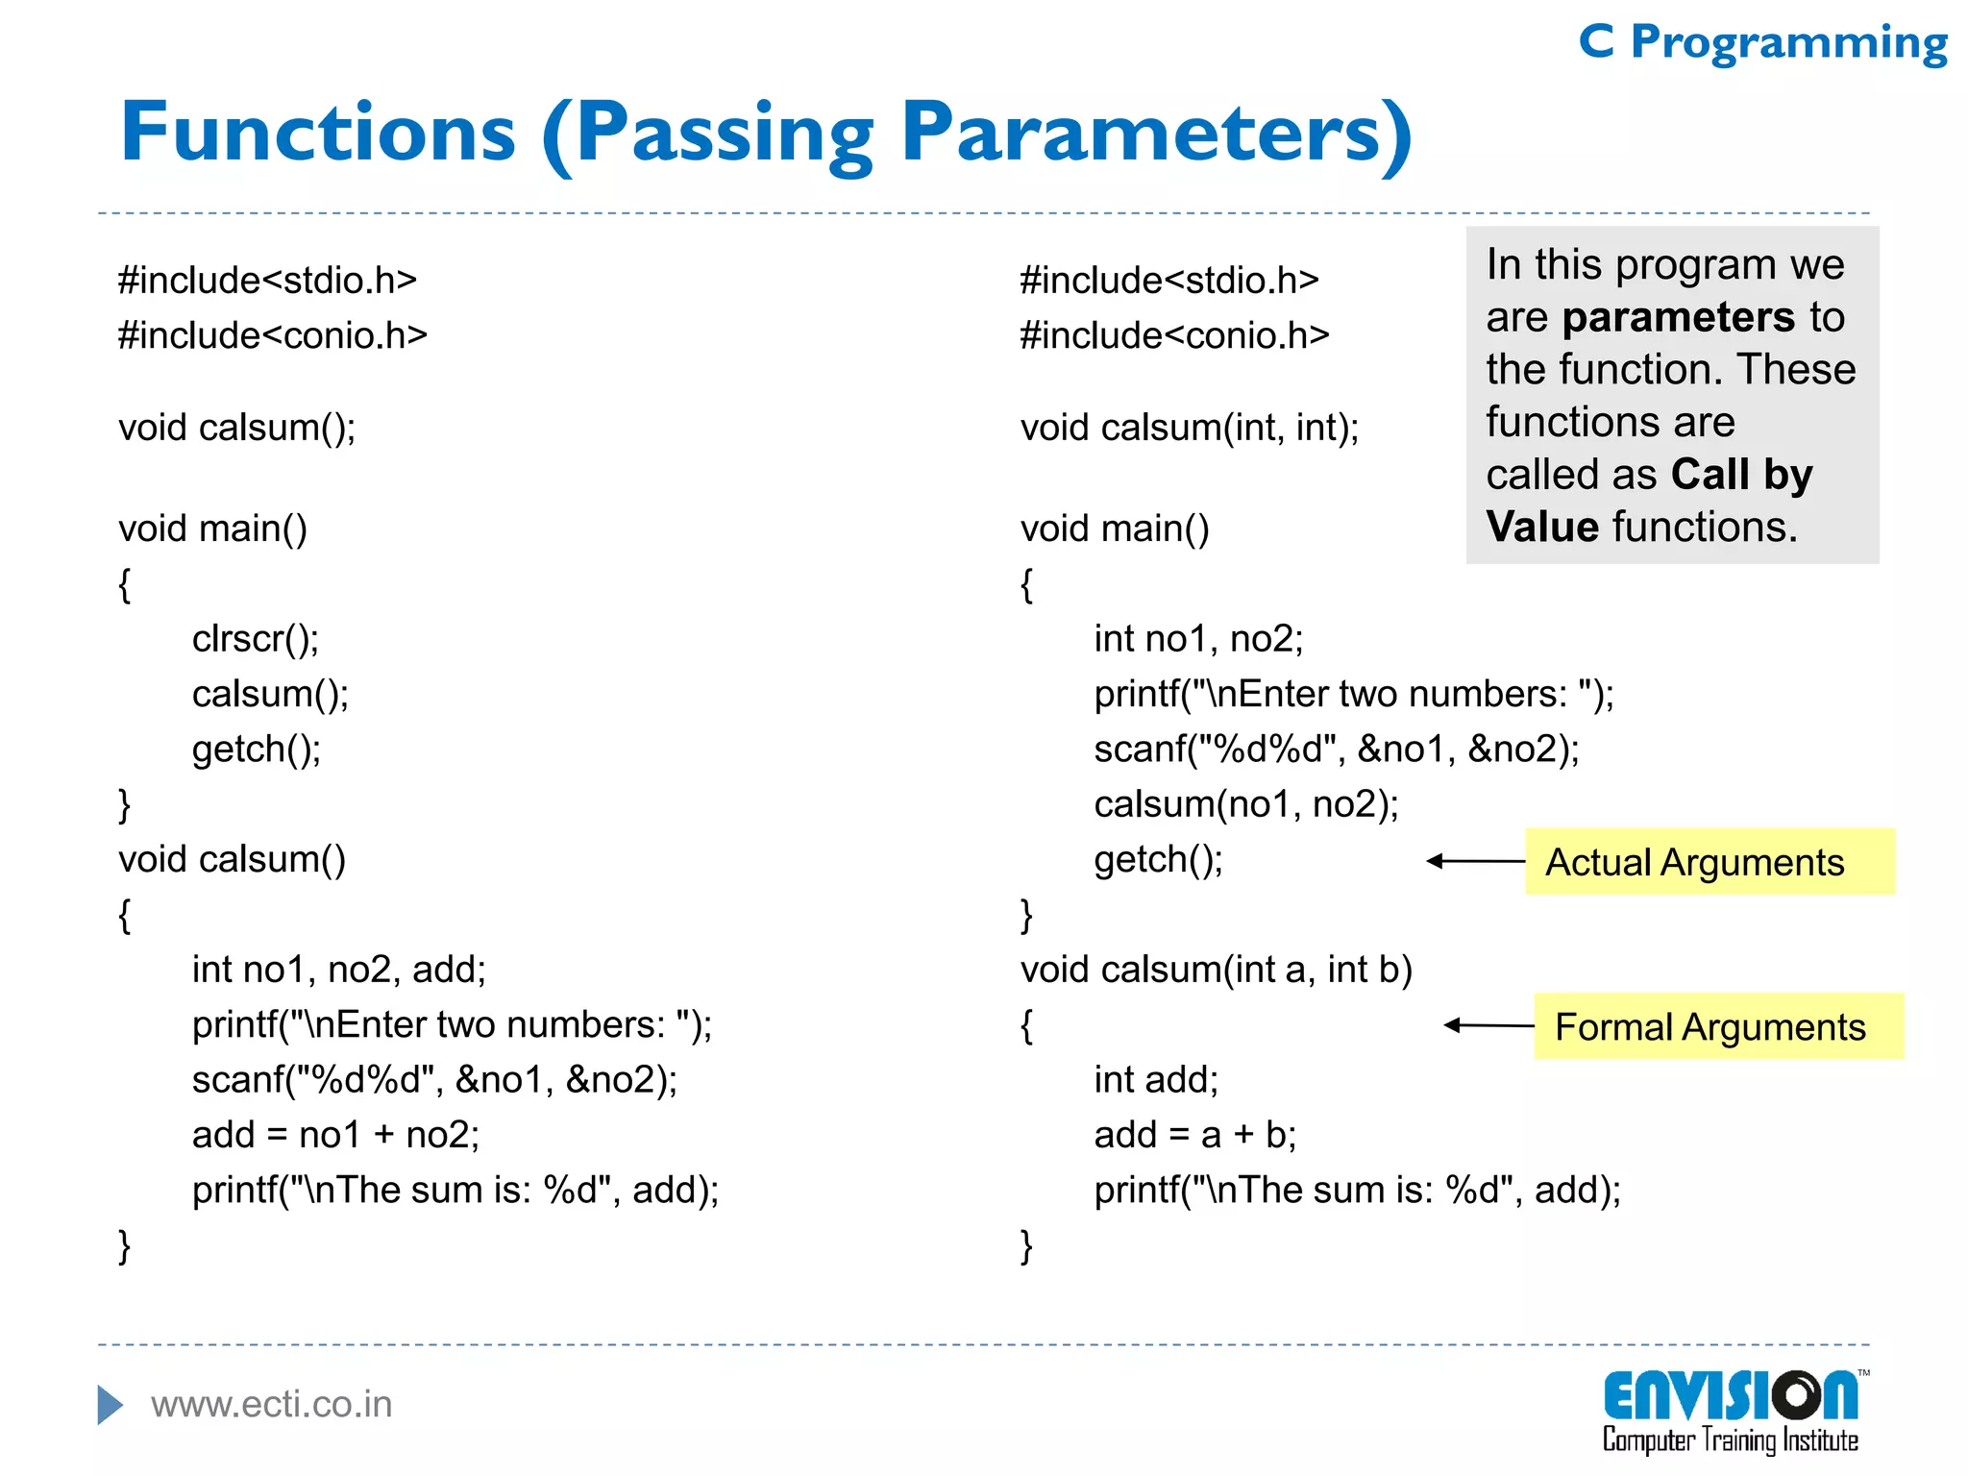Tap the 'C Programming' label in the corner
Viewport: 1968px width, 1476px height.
coord(1762,43)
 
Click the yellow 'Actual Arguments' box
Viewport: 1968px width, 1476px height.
coord(1709,862)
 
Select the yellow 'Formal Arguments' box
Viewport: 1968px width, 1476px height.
coord(1718,1026)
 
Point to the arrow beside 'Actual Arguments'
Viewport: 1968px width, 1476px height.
coord(1475,861)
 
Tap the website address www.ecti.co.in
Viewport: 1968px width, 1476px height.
coord(272,1404)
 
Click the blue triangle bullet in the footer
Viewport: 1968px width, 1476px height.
coord(110,1405)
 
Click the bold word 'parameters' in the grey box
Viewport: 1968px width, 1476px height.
coord(1678,317)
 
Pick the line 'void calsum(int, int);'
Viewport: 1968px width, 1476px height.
coord(1190,428)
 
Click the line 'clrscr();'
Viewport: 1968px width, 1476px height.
coord(256,639)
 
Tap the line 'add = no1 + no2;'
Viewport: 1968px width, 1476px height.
coord(335,1135)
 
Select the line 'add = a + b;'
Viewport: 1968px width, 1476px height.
coord(1194,1135)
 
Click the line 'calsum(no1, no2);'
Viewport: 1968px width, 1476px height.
coord(1245,804)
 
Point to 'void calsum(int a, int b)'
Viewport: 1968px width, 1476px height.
coord(1216,970)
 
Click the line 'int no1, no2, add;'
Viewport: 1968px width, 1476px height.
coord(338,970)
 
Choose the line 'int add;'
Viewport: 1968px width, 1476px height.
coord(1155,1080)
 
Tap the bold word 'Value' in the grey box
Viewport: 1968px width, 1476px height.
coord(1541,527)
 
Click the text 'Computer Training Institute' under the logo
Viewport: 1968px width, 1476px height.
coord(1730,1440)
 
